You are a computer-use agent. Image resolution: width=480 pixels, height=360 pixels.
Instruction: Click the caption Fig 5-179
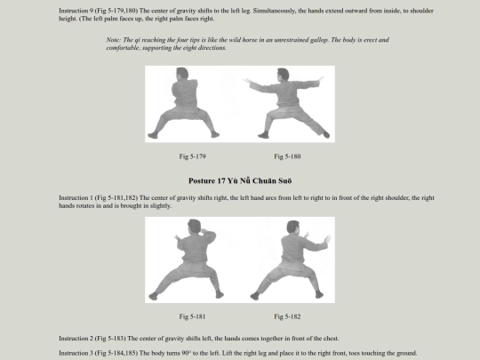point(192,156)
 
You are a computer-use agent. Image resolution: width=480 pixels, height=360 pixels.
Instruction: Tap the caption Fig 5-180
point(287,156)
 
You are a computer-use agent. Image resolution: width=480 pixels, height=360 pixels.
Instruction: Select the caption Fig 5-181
point(192,316)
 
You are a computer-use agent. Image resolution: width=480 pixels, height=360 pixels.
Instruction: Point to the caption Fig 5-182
point(287,316)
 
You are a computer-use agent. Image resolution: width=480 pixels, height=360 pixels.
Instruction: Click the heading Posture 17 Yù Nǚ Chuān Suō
point(240,180)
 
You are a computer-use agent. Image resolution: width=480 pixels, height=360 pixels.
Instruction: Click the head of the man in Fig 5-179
point(182,75)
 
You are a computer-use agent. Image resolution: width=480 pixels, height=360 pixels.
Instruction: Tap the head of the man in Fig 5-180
point(283,75)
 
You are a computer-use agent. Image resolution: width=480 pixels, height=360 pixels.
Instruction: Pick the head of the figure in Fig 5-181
point(194,227)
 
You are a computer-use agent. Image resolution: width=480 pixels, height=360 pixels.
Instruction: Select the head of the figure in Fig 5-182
point(293,228)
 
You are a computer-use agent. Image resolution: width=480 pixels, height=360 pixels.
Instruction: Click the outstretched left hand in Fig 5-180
point(247,81)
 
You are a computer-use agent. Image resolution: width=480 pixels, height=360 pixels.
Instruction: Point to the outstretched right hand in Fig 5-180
point(320,79)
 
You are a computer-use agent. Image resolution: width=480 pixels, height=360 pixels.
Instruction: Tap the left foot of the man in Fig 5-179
point(153,135)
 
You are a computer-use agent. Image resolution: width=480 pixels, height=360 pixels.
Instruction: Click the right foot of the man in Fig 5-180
point(326,134)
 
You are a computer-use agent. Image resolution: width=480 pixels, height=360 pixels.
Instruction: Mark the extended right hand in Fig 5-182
point(327,239)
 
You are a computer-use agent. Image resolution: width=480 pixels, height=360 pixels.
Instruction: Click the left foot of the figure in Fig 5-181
point(153,296)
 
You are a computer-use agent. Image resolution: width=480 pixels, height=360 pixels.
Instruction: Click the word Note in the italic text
point(114,40)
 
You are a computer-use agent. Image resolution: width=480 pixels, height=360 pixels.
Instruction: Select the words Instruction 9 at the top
point(76,11)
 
